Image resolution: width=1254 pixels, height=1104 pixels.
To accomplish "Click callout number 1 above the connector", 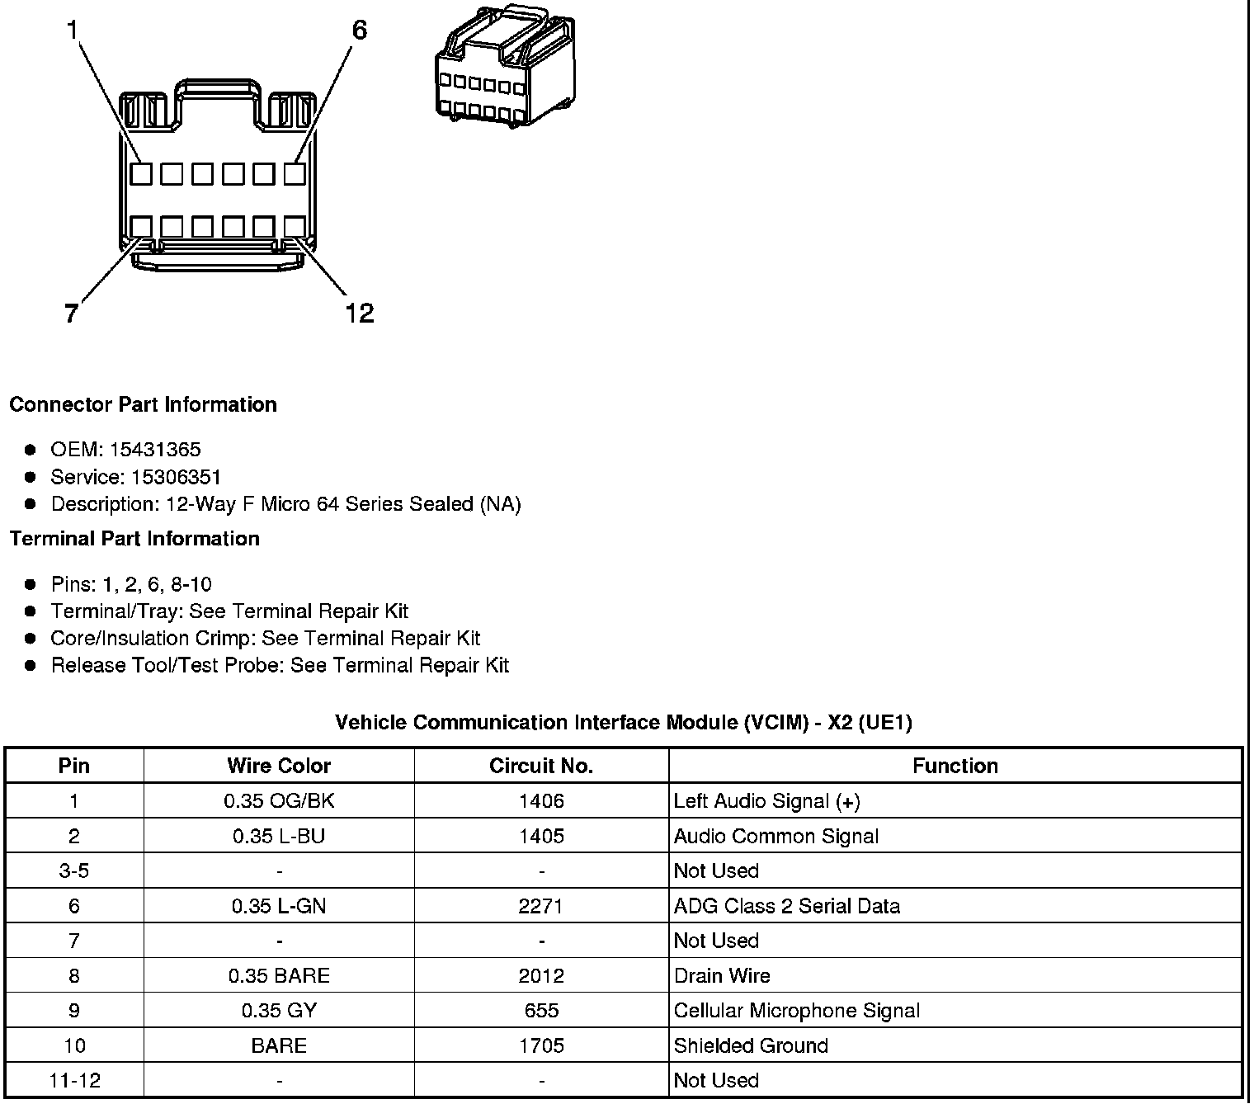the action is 73,31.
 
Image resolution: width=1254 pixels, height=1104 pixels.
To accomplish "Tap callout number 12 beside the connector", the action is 359,313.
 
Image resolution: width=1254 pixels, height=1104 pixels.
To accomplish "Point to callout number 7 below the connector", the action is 72,314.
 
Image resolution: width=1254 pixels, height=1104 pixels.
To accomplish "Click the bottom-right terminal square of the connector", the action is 295,227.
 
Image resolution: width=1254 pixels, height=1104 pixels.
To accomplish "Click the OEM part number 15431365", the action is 155,450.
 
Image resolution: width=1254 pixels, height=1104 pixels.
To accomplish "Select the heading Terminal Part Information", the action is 134,539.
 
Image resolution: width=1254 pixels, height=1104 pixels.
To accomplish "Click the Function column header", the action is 955,766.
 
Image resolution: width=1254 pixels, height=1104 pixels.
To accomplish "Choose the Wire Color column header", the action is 279,766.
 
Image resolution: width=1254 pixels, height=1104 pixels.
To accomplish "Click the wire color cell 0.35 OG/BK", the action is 279,801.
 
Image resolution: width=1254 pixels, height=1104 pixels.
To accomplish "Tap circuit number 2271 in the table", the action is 541,906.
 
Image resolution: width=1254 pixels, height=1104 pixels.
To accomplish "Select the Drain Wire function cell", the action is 722,976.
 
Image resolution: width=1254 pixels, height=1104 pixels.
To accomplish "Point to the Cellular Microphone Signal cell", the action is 796,1011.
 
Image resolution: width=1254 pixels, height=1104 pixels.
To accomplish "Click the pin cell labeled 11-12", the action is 74,1081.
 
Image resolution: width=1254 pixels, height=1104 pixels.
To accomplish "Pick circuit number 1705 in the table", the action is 541,1046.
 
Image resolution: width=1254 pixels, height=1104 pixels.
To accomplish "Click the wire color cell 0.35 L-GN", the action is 279,906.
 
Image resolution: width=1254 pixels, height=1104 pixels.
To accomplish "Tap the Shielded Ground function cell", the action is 751,1046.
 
